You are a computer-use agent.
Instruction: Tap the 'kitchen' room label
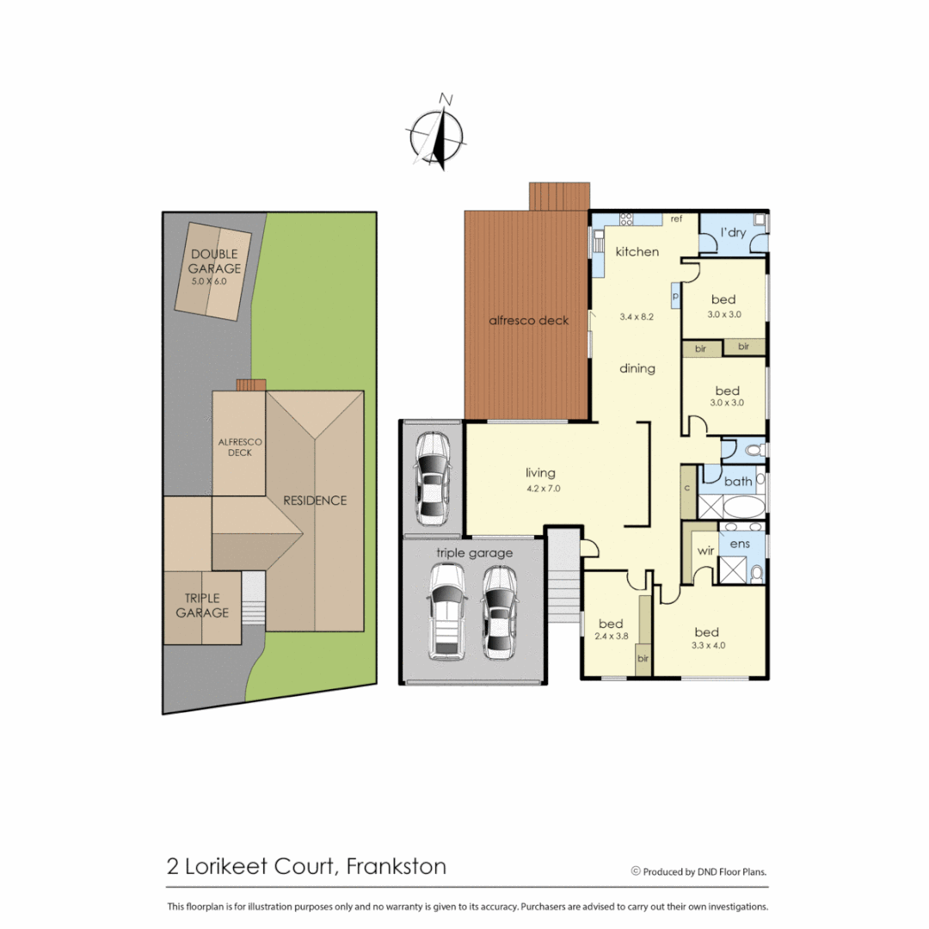pos(637,252)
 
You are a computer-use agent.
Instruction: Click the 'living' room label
pos(540,472)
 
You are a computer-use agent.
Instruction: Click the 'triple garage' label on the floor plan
pos(474,553)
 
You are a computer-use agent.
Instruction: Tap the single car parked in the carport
pos(431,478)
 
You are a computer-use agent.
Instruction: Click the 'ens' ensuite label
pos(739,544)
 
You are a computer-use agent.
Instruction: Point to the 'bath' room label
pos(737,482)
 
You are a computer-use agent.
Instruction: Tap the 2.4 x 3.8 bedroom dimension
pos(611,637)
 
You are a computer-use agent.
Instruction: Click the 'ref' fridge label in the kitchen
pos(676,219)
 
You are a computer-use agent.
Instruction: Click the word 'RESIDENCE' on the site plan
pos(315,500)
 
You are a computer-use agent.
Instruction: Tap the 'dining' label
pos(637,368)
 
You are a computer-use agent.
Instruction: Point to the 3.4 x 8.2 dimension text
pos(637,317)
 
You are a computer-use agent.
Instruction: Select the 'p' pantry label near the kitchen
pos(675,295)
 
